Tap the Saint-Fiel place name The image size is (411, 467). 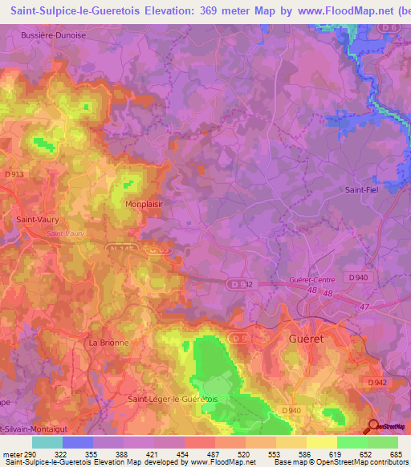pyautogui.click(x=361, y=190)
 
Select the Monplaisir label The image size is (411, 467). pyautogui.click(x=144, y=204)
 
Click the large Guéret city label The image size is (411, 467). pyautogui.click(x=304, y=339)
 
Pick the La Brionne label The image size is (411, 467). pyautogui.click(x=108, y=342)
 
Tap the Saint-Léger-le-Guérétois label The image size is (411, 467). pyautogui.click(x=178, y=399)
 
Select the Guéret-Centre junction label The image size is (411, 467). pyautogui.click(x=310, y=280)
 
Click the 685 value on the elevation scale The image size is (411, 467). pyautogui.click(x=395, y=453)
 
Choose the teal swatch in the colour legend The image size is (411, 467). pyautogui.click(x=47, y=442)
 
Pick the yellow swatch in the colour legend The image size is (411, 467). pyautogui.click(x=322, y=442)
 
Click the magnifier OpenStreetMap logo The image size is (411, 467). pyautogui.click(x=374, y=427)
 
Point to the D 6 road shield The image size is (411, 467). pyautogui.click(x=390, y=28)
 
